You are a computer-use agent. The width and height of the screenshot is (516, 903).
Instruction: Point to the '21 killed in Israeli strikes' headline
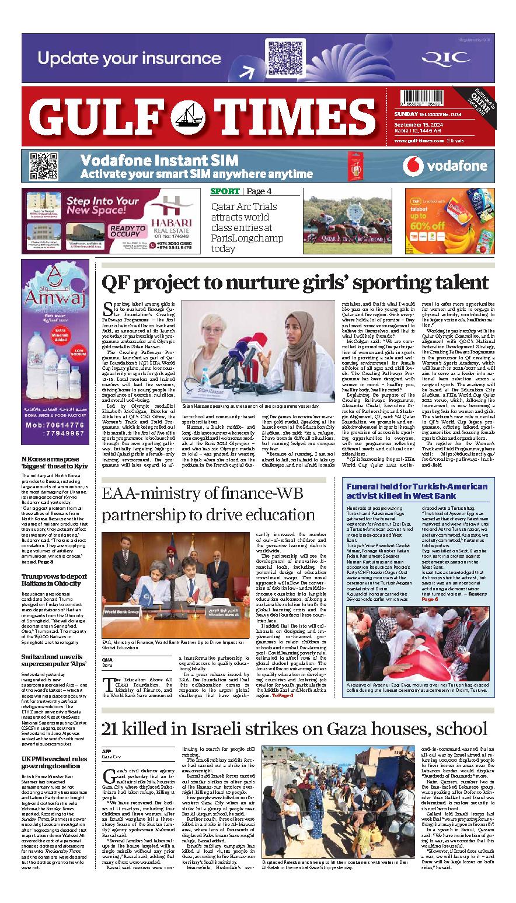click(294, 728)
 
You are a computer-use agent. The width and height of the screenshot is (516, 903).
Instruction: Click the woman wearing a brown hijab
click(283, 351)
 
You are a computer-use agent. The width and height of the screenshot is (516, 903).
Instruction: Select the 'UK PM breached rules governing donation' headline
click(55, 761)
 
